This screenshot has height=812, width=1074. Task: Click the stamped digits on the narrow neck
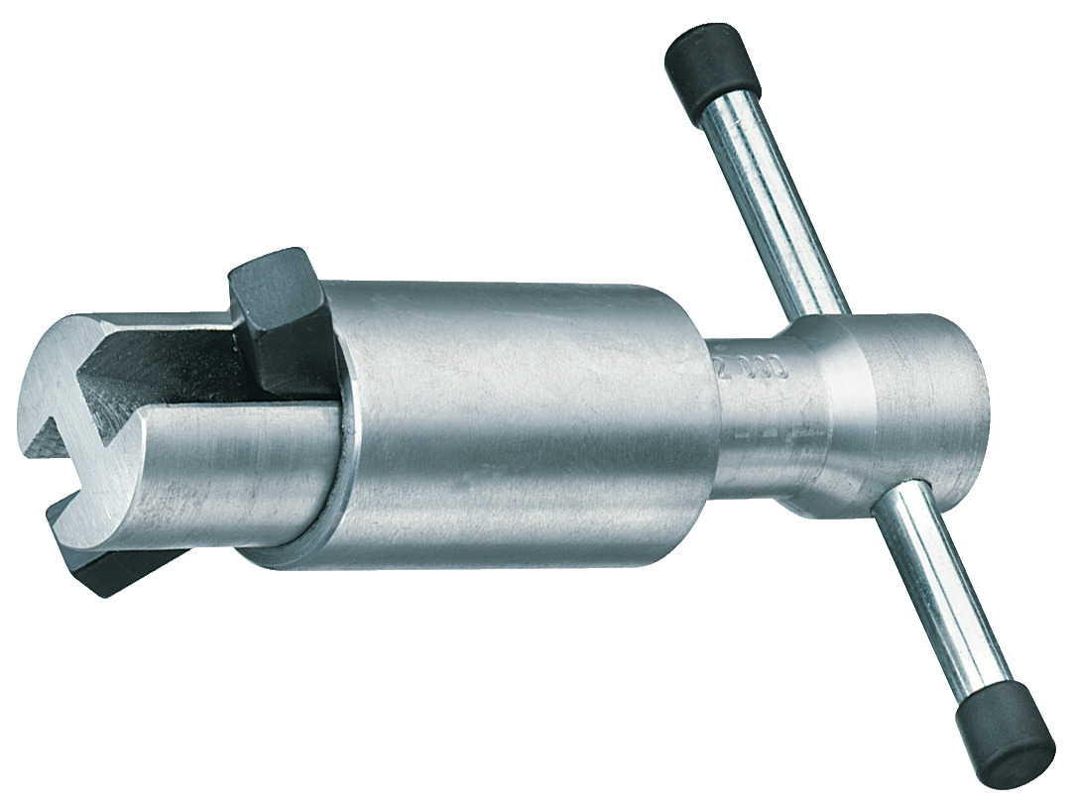[x=750, y=369]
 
